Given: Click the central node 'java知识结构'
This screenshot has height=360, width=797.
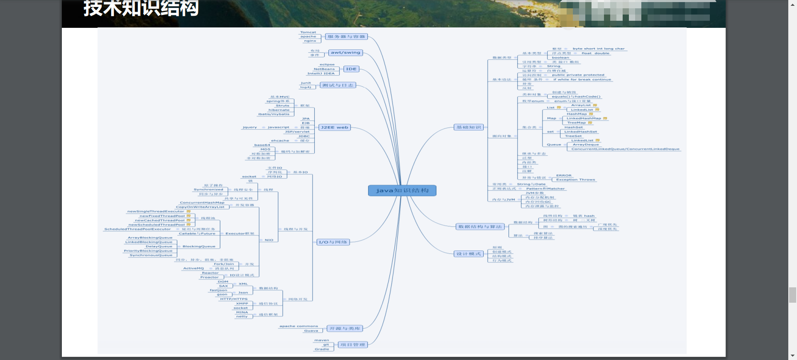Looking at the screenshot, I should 402,191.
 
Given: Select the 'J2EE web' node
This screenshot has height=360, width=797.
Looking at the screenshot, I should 334,127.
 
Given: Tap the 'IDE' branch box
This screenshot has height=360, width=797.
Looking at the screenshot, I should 351,69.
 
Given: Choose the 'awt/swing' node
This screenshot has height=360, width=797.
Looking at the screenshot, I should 345,53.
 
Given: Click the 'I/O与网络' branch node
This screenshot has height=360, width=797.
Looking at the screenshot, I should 332,242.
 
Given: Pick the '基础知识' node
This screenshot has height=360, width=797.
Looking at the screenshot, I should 469,127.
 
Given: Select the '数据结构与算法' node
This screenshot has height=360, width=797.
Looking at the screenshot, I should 480,227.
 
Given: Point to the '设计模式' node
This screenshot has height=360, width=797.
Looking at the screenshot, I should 469,254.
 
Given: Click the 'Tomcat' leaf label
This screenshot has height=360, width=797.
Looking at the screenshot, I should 308,32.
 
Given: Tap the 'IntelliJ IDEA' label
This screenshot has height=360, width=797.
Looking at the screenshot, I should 321,73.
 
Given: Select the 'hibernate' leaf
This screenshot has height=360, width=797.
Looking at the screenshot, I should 279,110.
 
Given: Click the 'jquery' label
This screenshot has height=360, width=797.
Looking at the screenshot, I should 250,127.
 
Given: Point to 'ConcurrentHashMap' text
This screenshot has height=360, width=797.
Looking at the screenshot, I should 202,203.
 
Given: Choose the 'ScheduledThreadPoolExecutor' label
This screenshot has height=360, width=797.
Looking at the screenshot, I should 137,229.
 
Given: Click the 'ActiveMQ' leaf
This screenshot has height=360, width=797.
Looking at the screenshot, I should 193,268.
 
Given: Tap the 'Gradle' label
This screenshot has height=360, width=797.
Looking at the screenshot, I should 322,349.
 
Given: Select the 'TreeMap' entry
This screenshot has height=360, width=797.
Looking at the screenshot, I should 577,123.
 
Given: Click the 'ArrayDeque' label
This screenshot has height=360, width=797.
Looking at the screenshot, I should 586,144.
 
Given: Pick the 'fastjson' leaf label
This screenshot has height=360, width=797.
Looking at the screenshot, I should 218,290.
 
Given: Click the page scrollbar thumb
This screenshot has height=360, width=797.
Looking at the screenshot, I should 792,295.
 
